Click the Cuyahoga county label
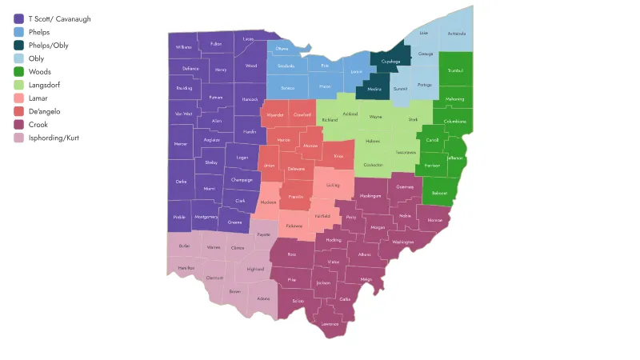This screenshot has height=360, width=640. point(390,61)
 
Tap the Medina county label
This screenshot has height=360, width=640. point(374,89)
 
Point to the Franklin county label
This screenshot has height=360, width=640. point(295,196)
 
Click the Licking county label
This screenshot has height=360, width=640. point(333,185)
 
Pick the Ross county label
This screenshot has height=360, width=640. point(292,254)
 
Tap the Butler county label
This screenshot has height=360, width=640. point(185,246)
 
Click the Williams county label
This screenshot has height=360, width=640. point(184,47)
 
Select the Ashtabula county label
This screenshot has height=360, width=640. point(457,34)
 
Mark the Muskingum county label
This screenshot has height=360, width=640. point(370,195)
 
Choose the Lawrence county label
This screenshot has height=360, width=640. point(330,324)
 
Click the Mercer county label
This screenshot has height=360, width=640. point(180,144)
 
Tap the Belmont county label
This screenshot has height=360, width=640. point(439,193)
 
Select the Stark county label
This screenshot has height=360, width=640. point(413,119)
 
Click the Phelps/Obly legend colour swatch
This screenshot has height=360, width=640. point(18,46)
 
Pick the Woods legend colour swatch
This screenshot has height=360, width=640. point(18,72)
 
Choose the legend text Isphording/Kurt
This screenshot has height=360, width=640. point(54,138)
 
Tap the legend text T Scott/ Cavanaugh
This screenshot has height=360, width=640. point(59,18)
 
